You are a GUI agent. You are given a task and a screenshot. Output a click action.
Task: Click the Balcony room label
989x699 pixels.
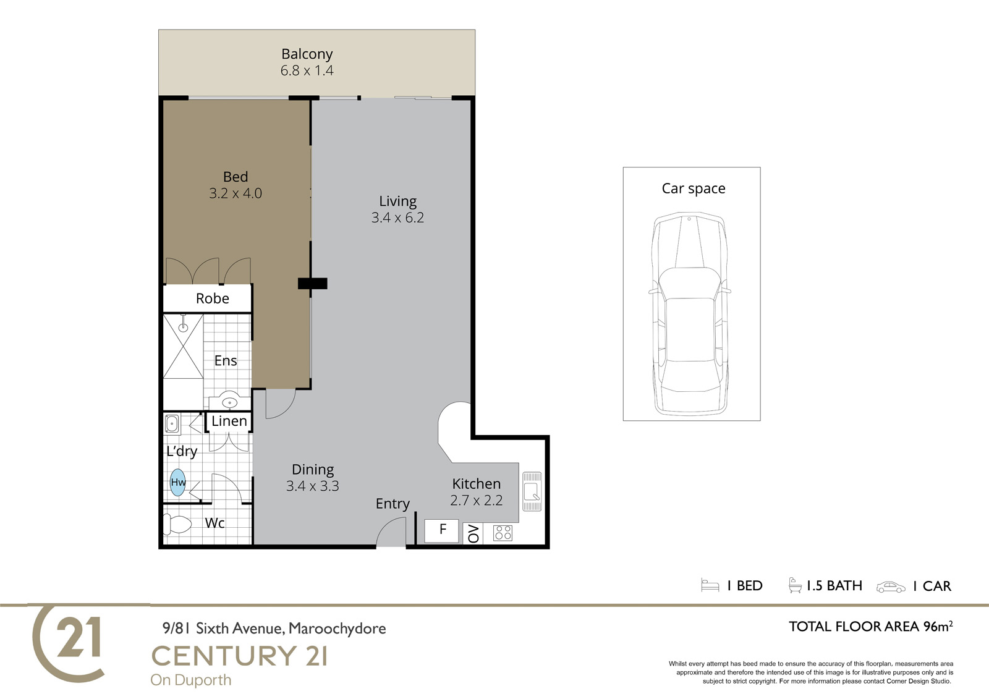[x=307, y=54]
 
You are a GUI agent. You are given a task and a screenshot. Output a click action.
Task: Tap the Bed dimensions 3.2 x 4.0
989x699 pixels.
[x=236, y=193]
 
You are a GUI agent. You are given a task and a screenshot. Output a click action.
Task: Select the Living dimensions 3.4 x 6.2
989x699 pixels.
[x=397, y=218]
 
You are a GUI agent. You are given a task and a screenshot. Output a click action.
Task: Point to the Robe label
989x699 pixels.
[x=213, y=299]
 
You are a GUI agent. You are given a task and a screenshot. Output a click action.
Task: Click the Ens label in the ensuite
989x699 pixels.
[x=226, y=361]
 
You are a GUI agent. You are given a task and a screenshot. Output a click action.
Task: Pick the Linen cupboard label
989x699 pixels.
[x=229, y=421]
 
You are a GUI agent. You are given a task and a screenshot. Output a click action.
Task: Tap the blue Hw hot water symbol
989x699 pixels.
[x=178, y=482]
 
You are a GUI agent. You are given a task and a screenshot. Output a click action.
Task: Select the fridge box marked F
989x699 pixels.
[x=441, y=531]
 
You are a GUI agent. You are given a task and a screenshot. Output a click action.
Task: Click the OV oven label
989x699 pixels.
[x=473, y=533]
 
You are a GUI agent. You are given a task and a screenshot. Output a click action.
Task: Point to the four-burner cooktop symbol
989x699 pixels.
[x=503, y=533]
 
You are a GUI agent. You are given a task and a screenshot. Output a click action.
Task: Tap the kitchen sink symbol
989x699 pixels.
[x=532, y=491]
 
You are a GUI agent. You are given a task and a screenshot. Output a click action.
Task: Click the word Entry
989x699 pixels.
[x=393, y=504]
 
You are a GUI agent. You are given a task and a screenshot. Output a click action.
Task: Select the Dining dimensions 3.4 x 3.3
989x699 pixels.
[x=313, y=486]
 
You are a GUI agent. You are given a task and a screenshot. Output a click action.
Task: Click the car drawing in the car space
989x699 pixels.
[x=689, y=314]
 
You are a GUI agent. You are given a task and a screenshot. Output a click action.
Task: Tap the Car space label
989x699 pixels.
[x=693, y=189]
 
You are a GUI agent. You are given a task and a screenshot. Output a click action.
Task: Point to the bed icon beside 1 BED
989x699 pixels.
[x=710, y=585]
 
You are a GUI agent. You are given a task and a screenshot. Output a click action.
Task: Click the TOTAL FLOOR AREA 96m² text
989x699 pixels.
[x=871, y=626]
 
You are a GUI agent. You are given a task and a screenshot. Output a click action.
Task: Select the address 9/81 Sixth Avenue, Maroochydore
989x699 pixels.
[x=274, y=629]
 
